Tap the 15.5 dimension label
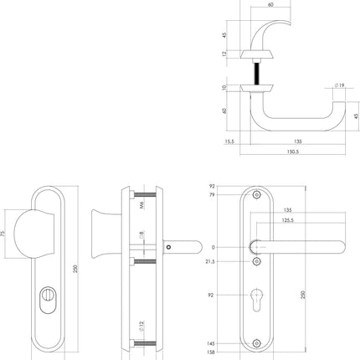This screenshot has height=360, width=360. [229, 142]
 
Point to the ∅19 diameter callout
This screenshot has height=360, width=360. [340, 85]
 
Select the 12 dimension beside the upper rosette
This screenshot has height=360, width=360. [224, 54]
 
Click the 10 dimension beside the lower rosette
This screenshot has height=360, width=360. [224, 87]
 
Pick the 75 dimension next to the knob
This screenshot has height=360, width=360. [5, 235]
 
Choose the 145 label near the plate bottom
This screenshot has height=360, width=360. [212, 343]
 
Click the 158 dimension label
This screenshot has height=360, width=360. [212, 352]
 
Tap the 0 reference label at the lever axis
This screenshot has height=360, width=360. [214, 247]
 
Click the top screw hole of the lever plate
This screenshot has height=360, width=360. [256, 198]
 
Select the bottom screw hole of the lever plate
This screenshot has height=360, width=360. [256, 343]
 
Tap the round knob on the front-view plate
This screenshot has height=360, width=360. [43, 234]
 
